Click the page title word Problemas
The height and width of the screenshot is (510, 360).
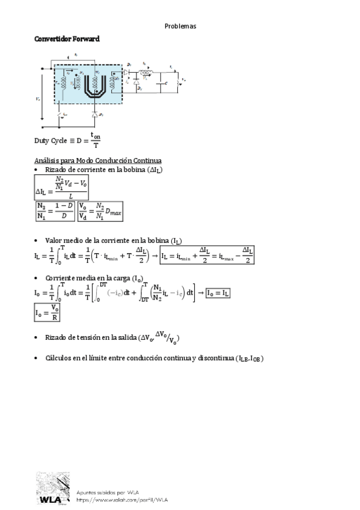[180, 26]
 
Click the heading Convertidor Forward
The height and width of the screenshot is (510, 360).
[66, 38]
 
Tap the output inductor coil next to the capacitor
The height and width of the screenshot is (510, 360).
[147, 72]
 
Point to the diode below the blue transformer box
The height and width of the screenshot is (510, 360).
[94, 114]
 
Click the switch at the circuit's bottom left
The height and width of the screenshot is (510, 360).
[59, 114]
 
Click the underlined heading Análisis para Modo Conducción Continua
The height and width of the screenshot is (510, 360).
[97, 161]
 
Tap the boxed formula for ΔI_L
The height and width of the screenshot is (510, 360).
[62, 187]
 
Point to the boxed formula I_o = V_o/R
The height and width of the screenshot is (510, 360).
[47, 313]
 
